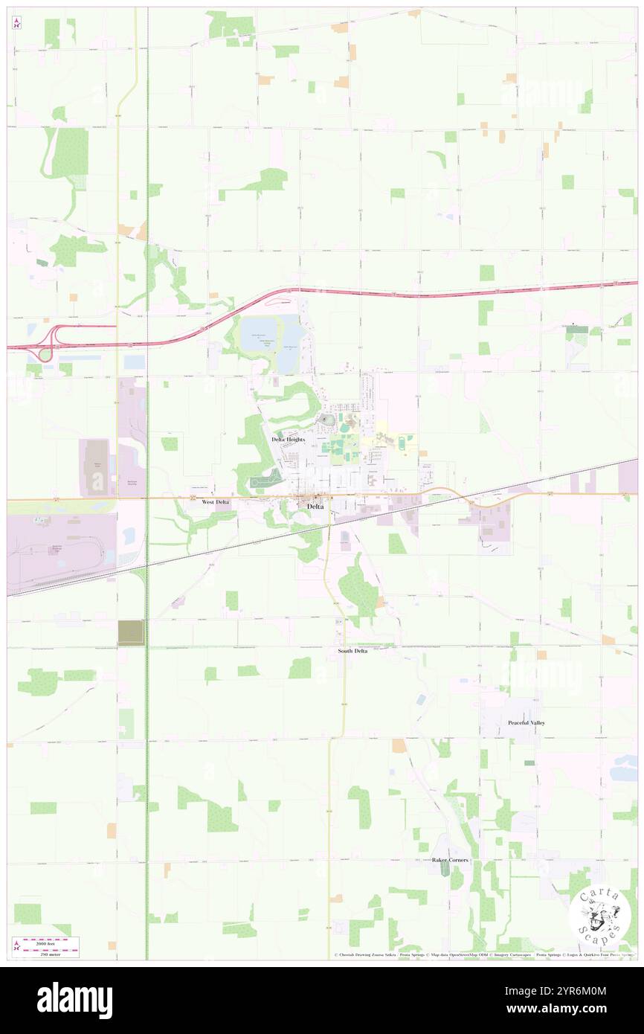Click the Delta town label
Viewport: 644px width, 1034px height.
click(315, 507)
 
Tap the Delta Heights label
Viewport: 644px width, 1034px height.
click(289, 440)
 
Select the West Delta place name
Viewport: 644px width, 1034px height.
click(216, 502)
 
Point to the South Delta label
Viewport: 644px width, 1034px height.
click(352, 651)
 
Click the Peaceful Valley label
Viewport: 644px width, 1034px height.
click(527, 723)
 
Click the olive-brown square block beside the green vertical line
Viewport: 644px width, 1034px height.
click(131, 632)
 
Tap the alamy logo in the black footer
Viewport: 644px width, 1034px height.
click(74, 1001)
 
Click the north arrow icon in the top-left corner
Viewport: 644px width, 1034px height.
click(16, 22)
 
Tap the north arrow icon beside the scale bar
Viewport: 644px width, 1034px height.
click(16, 945)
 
